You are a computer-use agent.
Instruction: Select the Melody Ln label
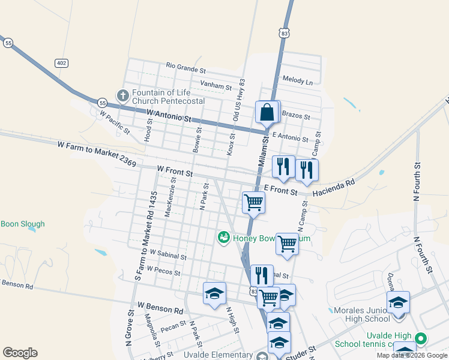pos(298,81)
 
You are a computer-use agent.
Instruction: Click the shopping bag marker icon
pos(266,112)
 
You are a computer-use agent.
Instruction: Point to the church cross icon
pos(123,95)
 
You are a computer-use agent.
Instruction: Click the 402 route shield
pos(61,62)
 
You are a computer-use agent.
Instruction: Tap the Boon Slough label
pos(23,224)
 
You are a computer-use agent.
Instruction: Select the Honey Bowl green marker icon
pos(224,238)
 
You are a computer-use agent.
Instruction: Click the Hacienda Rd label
pos(334,187)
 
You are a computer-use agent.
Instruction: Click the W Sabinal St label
pos(168,254)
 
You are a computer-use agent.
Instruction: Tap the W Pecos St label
pos(163,271)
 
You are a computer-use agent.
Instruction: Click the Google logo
pos(20,353)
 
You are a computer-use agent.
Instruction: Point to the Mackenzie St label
pos(171,196)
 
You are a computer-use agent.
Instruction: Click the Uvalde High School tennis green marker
pos(421,339)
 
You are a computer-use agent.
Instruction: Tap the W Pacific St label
pos(115,121)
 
